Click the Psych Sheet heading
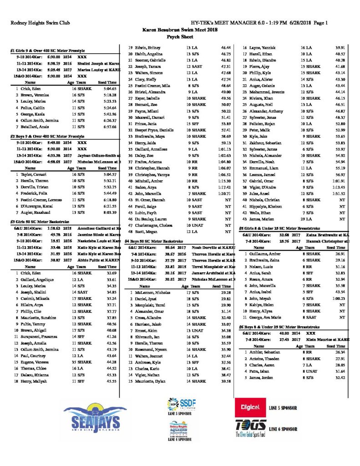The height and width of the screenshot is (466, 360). [x=180, y=35]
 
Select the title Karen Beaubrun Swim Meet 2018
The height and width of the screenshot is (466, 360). [x=180, y=29]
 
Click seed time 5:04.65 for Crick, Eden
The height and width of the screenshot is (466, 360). [x=110, y=89]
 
